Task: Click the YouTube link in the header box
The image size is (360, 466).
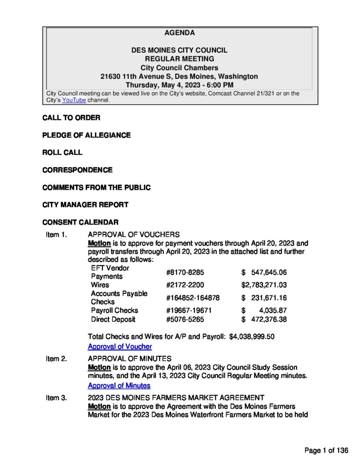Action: pos(74,100)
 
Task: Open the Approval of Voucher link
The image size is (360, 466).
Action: pos(120,346)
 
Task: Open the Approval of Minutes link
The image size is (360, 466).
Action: pos(119,385)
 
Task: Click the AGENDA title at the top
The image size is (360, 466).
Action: pos(179,33)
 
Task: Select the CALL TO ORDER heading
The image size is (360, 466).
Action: pos(71,118)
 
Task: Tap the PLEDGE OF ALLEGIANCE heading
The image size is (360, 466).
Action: pos(86,135)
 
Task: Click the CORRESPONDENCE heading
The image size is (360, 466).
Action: pos(77,170)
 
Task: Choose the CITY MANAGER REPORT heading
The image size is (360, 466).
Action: pos(85,205)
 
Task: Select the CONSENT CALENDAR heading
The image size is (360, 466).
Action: pos(81,222)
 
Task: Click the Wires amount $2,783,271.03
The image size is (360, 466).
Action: pos(264,285)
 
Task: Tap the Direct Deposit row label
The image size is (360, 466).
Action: pos(113,319)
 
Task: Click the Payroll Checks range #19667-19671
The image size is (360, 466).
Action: pos(189,310)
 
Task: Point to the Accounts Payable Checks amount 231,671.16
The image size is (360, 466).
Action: pos(269,298)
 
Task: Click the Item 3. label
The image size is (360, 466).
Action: pos(56,398)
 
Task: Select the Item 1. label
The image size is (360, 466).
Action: pos(56,234)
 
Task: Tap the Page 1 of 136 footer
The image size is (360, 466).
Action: pos(326,451)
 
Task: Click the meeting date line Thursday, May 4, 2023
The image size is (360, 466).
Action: pos(179,85)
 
